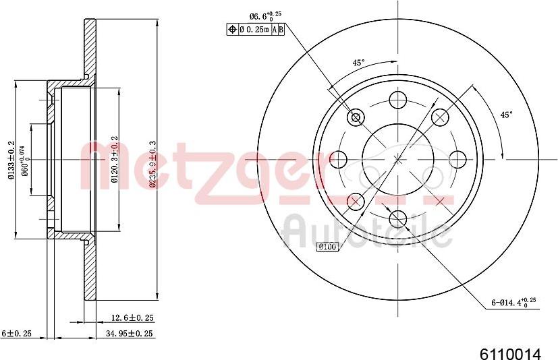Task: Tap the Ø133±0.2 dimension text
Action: click(11, 160)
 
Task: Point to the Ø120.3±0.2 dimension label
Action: click(115, 160)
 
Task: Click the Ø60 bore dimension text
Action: click(25, 161)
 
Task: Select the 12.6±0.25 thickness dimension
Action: click(132, 317)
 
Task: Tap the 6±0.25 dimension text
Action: click(17, 333)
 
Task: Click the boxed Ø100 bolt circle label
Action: click(327, 247)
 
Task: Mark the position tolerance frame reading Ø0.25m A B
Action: click(254, 29)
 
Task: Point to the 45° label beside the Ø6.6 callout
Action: click(359, 63)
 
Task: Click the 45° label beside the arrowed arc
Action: click(505, 115)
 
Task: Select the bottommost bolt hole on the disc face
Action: click(398, 218)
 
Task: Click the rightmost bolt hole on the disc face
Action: click(457, 159)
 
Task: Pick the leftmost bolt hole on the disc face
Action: click(339, 159)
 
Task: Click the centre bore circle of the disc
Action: click(398, 159)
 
